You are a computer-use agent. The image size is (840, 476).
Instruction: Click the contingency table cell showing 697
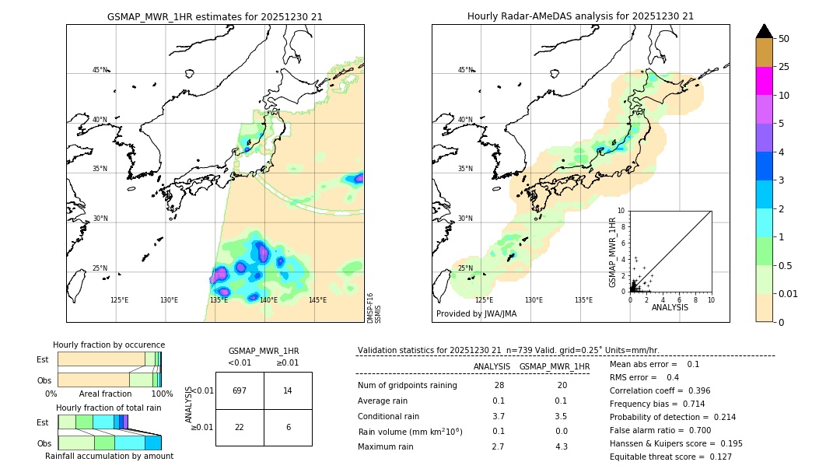240,390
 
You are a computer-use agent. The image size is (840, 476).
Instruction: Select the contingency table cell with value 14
288,390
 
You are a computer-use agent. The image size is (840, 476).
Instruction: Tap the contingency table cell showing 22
240,427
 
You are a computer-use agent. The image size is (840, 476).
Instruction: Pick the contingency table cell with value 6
288,427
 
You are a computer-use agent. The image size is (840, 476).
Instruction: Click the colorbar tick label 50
784,38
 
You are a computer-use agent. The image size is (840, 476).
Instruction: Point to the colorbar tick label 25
784,67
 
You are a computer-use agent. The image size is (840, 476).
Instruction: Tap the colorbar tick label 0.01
789,293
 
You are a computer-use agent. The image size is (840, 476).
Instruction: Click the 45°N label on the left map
100,70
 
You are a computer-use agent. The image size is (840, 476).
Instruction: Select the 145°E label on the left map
317,300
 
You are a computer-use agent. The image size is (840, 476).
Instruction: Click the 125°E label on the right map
484,300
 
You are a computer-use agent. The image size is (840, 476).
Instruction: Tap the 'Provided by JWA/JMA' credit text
476,314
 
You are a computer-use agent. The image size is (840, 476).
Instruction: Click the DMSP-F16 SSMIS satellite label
374,308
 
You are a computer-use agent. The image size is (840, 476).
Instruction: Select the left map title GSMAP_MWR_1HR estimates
215,16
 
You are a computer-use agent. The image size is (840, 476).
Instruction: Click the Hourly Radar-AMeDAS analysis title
580,16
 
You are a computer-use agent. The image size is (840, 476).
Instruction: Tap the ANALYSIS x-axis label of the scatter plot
670,307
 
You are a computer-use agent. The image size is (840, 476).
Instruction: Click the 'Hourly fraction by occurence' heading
109,345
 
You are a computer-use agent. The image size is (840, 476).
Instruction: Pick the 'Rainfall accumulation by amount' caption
109,456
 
